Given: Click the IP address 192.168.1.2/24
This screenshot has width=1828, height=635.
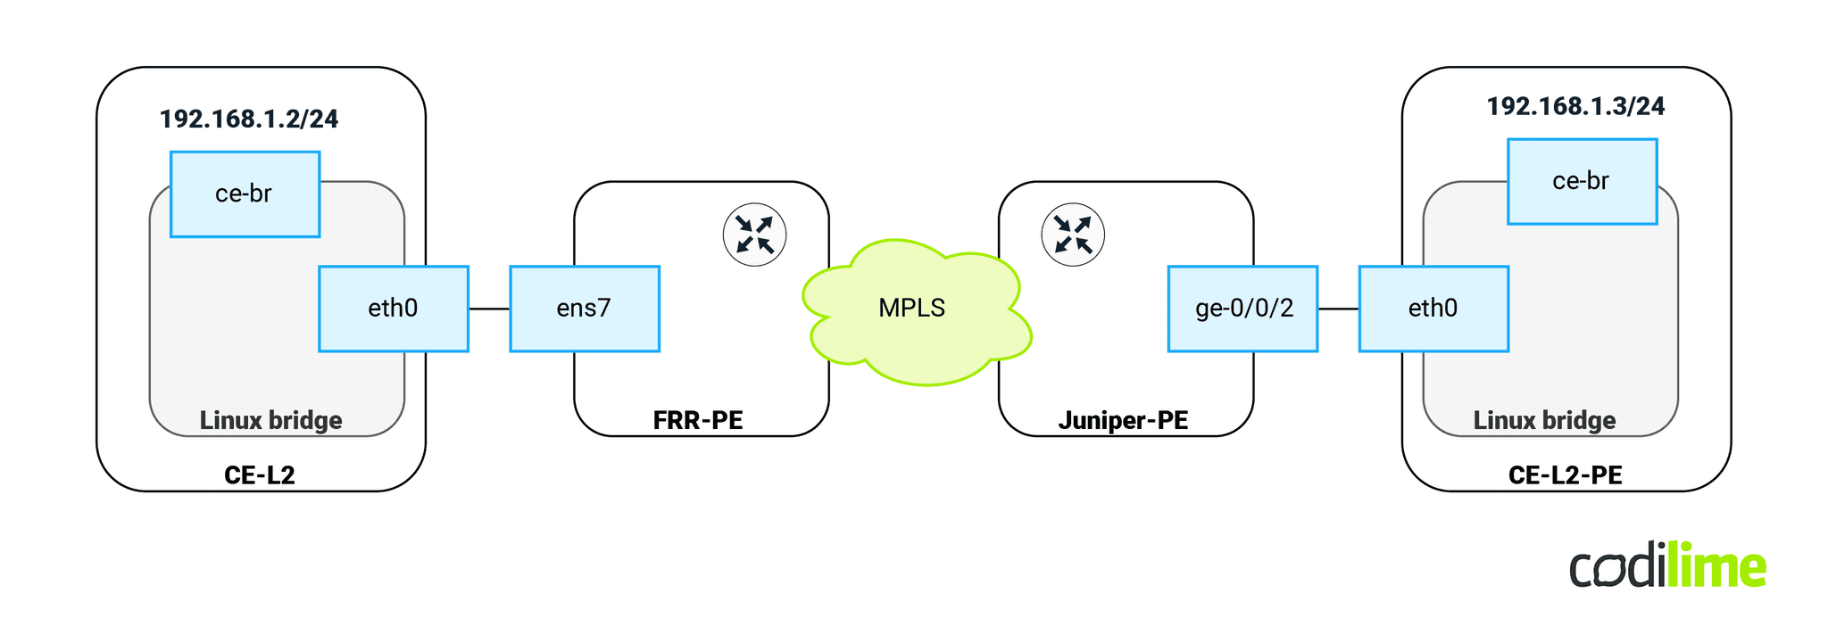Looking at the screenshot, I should (249, 119).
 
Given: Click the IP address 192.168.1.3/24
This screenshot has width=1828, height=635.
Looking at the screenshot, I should (1575, 106).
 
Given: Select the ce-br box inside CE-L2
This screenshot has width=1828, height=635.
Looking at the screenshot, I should (245, 194).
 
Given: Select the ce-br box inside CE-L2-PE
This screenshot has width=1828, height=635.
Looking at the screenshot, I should (1582, 181).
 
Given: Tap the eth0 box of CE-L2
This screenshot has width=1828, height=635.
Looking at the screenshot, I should (393, 309).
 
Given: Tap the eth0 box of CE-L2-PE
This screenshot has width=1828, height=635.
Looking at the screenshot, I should (1433, 309).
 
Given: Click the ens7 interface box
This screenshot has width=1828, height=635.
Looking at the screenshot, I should (584, 309).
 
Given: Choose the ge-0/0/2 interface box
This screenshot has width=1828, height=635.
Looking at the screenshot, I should (1242, 309).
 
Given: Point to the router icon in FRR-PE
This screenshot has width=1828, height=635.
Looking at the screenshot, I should (754, 235).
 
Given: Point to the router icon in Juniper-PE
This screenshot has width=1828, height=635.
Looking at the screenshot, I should (1073, 235).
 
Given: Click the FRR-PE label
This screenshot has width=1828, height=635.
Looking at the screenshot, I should (698, 420).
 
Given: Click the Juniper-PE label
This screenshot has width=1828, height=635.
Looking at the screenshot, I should (1123, 420).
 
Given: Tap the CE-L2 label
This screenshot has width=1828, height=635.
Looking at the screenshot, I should (259, 474).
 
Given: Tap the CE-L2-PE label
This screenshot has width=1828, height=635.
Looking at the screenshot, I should (1565, 474).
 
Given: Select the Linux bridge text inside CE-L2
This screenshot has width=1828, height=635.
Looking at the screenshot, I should (270, 420).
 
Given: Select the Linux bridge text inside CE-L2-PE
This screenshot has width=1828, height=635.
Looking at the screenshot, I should (1544, 420).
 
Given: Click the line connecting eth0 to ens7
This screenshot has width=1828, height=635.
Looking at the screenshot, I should (489, 309).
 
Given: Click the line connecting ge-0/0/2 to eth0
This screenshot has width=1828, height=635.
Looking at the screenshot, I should (1338, 309).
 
